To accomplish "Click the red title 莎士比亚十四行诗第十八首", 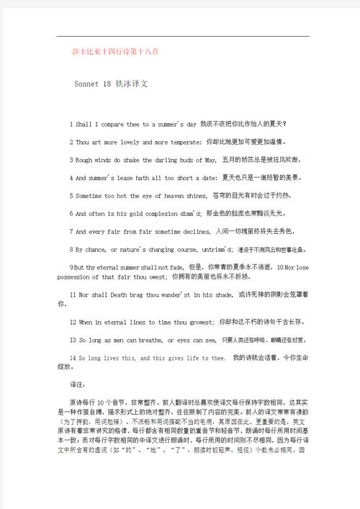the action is click(x=106, y=53).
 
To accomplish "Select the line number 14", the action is click(x=73, y=357).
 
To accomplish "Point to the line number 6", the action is click(x=71, y=213).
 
